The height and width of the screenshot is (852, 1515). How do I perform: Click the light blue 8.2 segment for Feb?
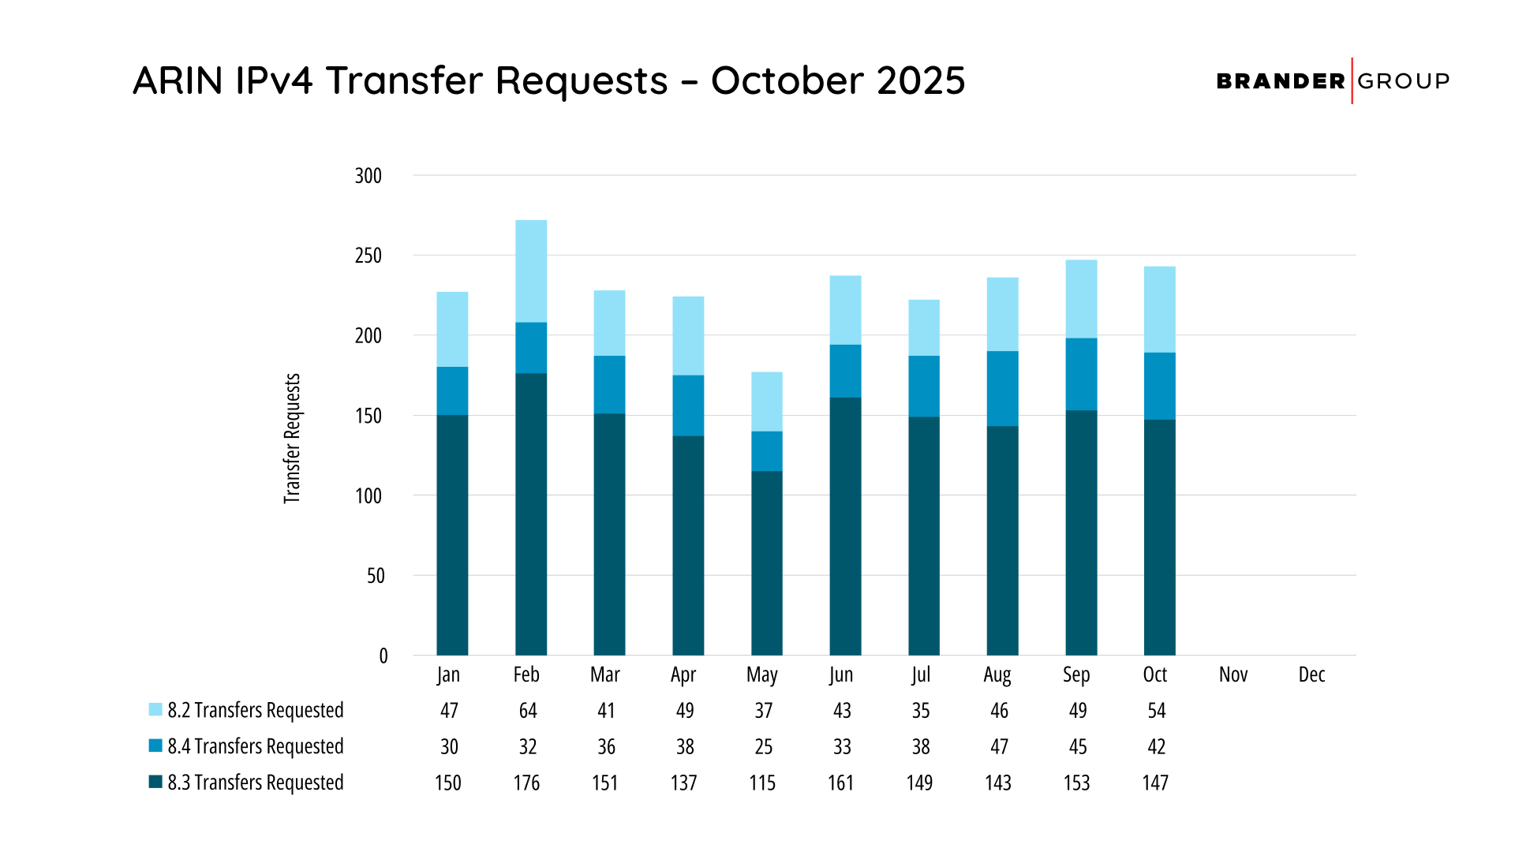(x=531, y=271)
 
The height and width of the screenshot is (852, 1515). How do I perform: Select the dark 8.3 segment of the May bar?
(x=766, y=562)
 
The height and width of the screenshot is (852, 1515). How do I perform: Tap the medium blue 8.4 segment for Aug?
(x=1002, y=388)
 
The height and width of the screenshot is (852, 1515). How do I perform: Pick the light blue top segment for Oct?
(x=1159, y=309)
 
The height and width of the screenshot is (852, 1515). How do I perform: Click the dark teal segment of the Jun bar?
(x=845, y=525)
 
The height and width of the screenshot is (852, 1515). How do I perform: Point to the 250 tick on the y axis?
(x=368, y=256)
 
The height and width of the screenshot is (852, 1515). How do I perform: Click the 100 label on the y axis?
(x=368, y=496)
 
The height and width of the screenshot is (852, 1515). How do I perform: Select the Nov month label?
(x=1233, y=674)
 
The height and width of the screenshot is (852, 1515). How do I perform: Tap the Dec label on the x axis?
(x=1311, y=674)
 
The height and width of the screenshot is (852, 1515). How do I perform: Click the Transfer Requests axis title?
(x=292, y=438)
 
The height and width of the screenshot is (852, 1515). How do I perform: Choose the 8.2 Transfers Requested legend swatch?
(x=155, y=709)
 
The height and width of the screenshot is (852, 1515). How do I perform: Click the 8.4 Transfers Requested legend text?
(x=255, y=746)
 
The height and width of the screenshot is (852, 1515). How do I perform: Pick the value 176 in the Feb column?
(x=526, y=783)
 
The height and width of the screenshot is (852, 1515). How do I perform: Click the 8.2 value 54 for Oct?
(x=1156, y=711)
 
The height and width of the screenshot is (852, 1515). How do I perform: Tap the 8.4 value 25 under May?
(x=763, y=746)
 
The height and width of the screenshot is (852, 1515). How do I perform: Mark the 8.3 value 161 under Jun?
(x=840, y=783)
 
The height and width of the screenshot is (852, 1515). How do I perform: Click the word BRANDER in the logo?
(x=1280, y=81)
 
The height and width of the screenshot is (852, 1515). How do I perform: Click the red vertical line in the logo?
(x=1352, y=80)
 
